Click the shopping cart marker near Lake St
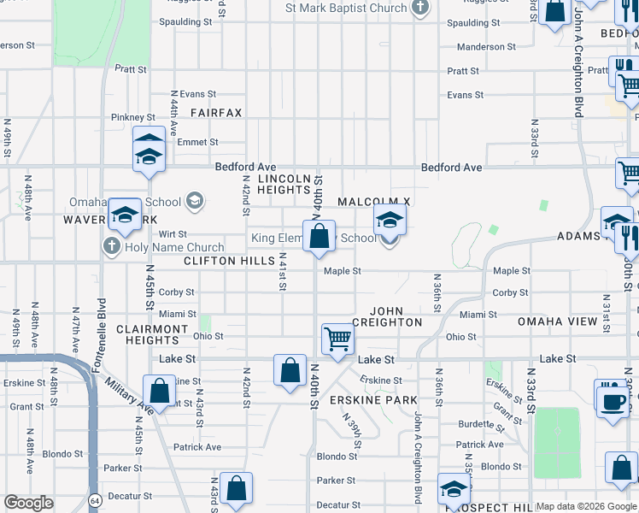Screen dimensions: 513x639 [x=338, y=339]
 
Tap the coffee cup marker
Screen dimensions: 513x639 [x=613, y=401]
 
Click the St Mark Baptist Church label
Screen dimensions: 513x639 [x=346, y=9]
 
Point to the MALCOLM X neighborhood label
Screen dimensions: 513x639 [x=374, y=201]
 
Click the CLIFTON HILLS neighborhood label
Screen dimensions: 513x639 [x=229, y=261]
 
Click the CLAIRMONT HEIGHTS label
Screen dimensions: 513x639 [x=151, y=334]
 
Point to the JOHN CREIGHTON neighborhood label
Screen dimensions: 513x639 [x=396, y=315]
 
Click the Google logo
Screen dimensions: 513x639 [x=28, y=503]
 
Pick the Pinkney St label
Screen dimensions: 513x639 [x=133, y=117]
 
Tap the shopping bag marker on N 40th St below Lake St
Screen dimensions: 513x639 [x=290, y=370]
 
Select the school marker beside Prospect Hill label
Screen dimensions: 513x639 [x=454, y=490]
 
